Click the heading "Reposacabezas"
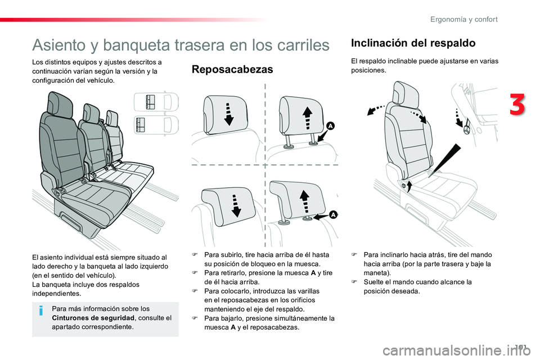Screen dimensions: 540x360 (x=232, y=69)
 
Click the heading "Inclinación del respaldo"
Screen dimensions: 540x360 (x=413, y=43)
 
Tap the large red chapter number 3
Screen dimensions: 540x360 (x=517, y=104)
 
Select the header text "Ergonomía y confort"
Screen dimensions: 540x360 (x=463, y=19)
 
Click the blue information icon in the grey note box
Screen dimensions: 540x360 (x=41, y=310)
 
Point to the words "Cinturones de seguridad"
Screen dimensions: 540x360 (x=93, y=318)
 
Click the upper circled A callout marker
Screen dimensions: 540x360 (x=330, y=126)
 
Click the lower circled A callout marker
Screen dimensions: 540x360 (x=333, y=215)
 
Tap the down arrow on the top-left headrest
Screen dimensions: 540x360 (x=229, y=114)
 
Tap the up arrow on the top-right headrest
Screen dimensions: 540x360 (x=307, y=118)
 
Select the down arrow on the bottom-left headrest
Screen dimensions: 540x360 (x=236, y=205)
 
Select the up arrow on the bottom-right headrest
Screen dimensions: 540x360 (x=304, y=201)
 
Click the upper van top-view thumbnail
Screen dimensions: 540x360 (x=156, y=102)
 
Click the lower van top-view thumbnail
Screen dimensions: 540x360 (x=156, y=125)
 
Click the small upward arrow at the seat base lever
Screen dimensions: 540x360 (x=409, y=186)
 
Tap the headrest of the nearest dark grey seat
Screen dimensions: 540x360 (x=60, y=103)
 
